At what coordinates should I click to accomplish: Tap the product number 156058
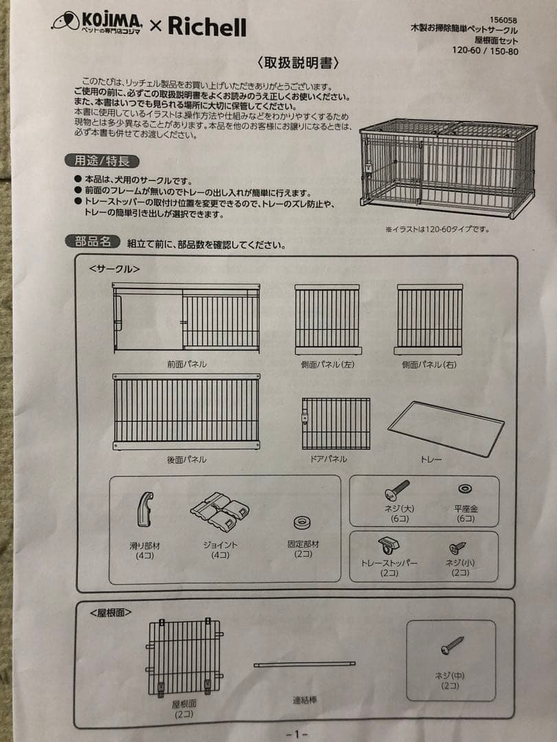(x=503, y=19)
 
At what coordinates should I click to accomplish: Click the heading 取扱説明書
(x=298, y=63)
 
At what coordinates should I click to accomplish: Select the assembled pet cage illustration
(x=447, y=168)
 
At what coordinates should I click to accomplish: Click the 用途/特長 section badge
(x=102, y=161)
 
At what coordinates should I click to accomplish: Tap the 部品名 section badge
(x=93, y=242)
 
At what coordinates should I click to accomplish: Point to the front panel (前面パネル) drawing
(x=186, y=319)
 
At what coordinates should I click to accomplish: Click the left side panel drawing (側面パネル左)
(x=327, y=319)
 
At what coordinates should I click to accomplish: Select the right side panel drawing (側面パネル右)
(x=430, y=319)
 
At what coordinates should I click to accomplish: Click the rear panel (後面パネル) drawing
(x=186, y=412)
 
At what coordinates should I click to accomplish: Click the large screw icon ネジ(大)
(x=397, y=490)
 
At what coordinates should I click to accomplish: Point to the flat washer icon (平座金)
(x=465, y=488)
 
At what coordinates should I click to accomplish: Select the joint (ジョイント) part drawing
(x=219, y=511)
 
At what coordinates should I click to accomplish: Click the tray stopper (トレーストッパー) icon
(x=387, y=546)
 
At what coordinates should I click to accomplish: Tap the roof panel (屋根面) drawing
(x=184, y=656)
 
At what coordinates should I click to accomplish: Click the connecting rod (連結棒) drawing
(x=304, y=664)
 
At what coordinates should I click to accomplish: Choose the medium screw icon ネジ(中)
(x=452, y=646)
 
